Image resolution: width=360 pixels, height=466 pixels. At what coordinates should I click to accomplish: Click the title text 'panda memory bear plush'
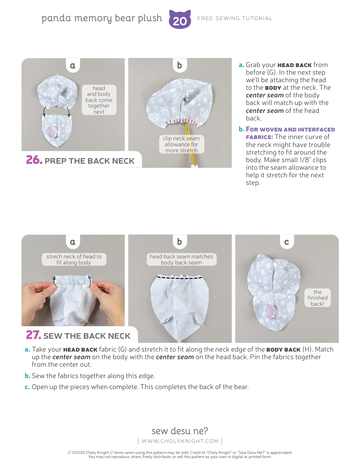click(x=102, y=18)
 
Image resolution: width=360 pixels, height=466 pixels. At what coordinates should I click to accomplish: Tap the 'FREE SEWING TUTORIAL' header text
click(x=235, y=18)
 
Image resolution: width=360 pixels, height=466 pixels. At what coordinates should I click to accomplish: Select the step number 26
click(x=33, y=160)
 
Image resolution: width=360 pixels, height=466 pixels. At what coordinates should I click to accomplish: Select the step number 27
click(x=33, y=335)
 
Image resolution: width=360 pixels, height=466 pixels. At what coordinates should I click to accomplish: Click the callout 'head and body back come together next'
click(x=99, y=100)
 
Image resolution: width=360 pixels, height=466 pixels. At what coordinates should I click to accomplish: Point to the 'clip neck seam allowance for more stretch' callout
click(x=181, y=144)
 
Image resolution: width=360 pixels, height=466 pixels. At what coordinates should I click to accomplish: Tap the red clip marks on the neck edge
click(x=181, y=122)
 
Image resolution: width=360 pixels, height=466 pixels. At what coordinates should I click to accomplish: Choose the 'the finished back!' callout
click(x=318, y=298)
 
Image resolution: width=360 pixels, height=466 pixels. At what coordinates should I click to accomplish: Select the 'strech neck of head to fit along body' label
click(x=74, y=260)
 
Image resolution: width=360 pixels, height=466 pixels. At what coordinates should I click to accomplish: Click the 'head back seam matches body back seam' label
click(x=181, y=260)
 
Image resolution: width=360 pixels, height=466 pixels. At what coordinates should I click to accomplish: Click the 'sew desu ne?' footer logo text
click(x=180, y=431)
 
